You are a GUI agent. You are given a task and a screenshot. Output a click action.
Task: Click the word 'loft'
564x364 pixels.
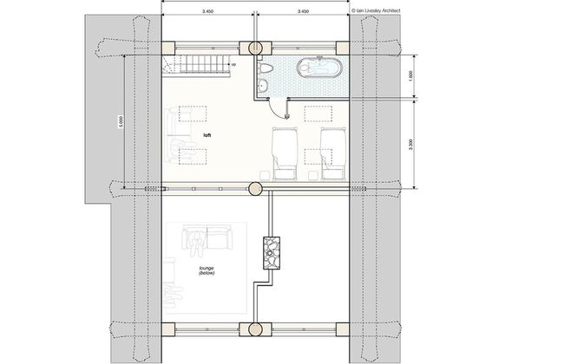pos(207,136)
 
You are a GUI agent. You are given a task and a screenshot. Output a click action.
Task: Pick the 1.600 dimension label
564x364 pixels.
pos(410,75)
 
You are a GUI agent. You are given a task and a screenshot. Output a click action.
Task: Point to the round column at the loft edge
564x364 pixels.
pos(256,187)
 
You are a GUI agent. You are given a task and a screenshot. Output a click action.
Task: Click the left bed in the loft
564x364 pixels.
pos(285,152)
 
